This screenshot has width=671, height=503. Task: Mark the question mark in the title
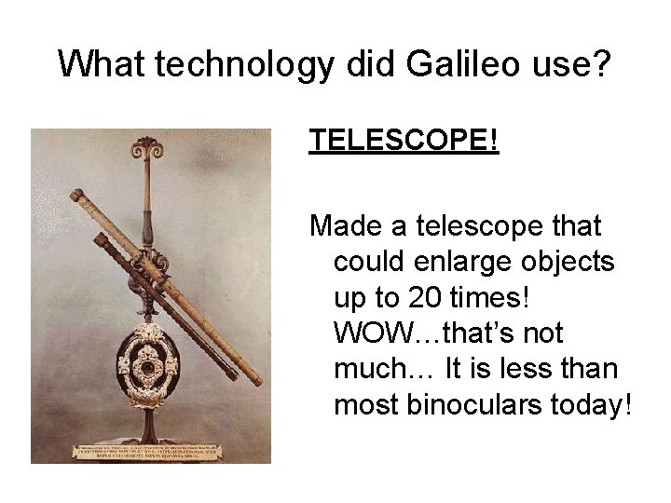[602, 64]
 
